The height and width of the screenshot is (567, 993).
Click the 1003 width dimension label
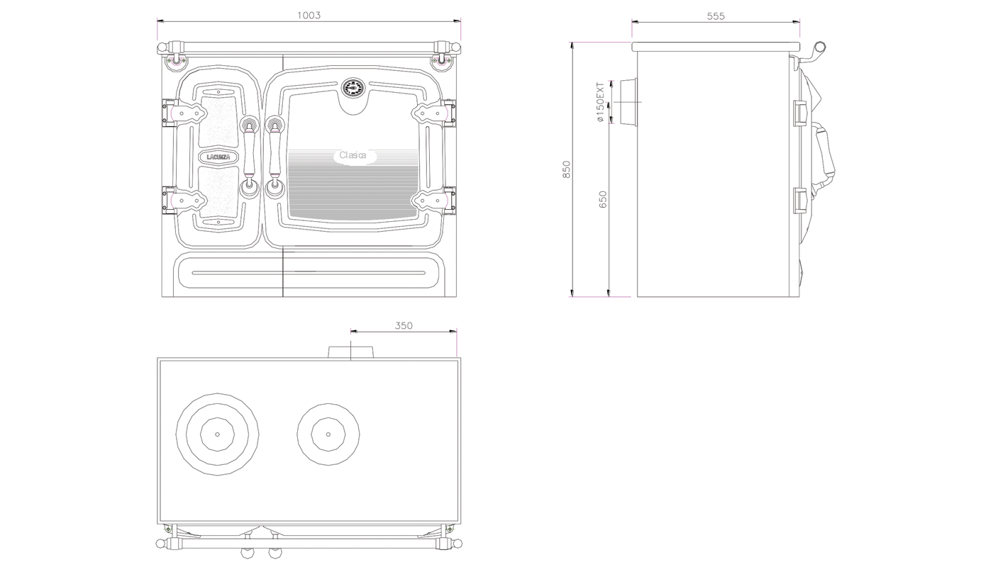click(309, 15)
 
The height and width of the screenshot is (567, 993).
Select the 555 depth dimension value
click(716, 16)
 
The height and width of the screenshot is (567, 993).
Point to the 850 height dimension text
click(566, 169)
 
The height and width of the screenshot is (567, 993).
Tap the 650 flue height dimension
click(602, 199)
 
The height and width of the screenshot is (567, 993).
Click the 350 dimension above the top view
click(404, 325)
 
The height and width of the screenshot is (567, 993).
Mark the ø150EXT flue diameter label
click(600, 102)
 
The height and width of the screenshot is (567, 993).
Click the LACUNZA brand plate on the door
click(218, 157)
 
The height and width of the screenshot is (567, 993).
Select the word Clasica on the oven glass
click(353, 155)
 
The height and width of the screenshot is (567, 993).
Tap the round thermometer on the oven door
click(353, 89)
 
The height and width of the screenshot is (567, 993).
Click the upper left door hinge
click(184, 113)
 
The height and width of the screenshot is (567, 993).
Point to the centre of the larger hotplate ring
click(217, 434)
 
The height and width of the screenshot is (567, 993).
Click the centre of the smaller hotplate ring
click(328, 434)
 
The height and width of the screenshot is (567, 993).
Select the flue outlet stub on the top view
click(350, 352)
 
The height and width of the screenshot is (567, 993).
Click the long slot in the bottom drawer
click(309, 273)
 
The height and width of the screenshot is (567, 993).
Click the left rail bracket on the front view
click(176, 52)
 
